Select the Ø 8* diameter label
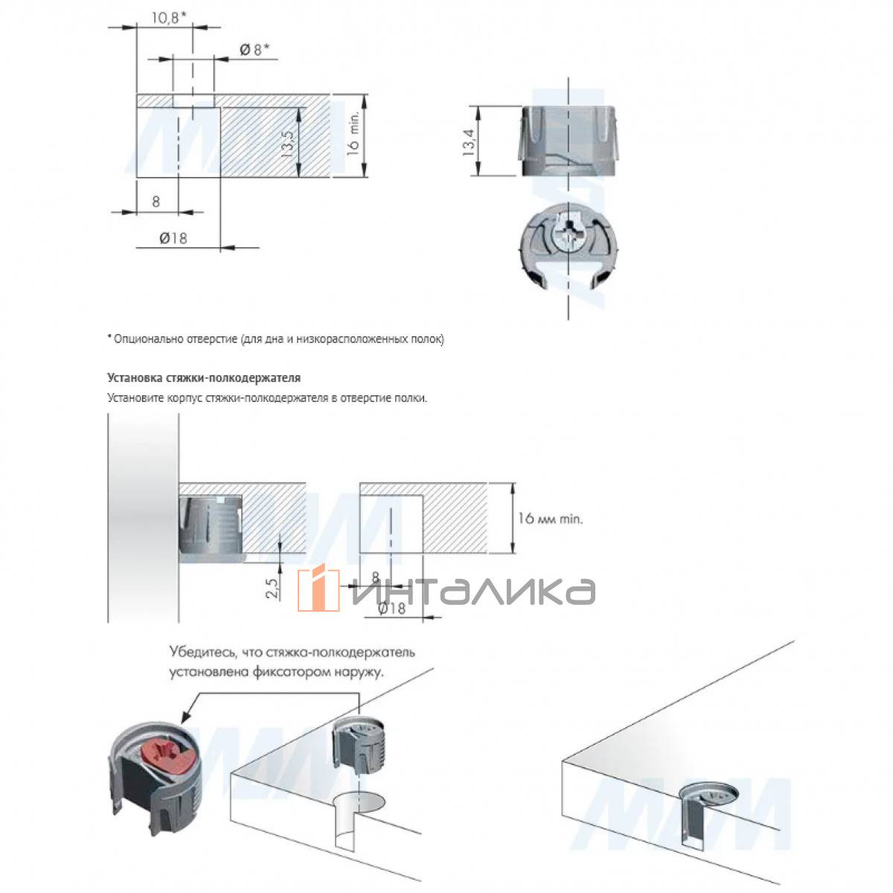point(254,50)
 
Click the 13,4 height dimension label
point(469,141)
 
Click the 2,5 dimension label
point(272,588)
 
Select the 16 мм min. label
point(551,518)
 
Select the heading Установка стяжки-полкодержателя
point(204,378)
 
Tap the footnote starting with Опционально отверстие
point(278,339)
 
